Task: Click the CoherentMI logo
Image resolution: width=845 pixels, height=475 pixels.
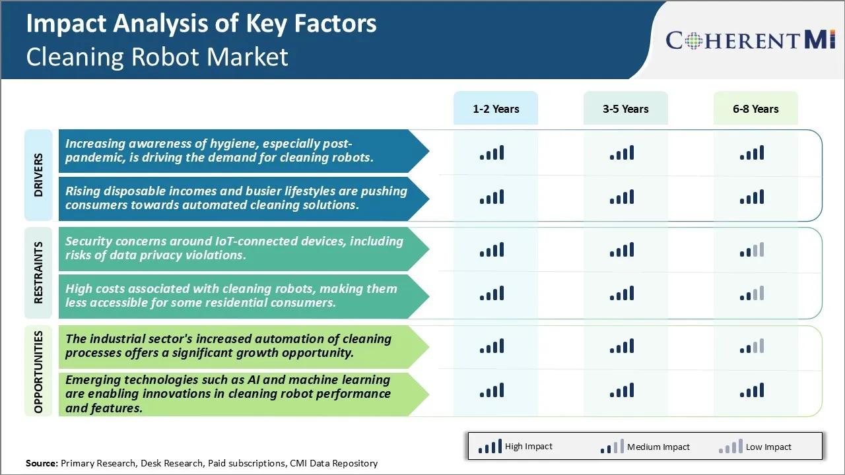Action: point(751,40)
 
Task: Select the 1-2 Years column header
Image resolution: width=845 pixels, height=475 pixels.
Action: point(496,109)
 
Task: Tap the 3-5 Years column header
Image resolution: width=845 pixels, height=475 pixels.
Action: point(625,109)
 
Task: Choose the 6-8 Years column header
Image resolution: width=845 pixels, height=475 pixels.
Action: point(755,109)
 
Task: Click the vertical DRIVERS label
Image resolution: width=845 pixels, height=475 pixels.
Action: point(38,175)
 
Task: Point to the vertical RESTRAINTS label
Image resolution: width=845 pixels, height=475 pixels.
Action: point(38,272)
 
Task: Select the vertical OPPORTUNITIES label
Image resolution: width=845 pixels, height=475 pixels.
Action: point(38,372)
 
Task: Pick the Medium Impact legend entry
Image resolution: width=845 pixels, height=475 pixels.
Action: point(645,447)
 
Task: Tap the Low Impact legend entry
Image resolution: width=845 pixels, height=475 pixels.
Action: point(755,447)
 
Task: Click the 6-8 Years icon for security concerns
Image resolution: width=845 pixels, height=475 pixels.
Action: point(752,250)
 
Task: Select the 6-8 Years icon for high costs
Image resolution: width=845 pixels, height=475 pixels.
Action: point(752,294)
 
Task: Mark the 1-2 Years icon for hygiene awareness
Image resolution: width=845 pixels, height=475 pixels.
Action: point(492,154)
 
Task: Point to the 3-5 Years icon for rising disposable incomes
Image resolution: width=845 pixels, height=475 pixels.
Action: point(622,197)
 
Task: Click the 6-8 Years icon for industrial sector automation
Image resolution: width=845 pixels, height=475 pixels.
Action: point(752,346)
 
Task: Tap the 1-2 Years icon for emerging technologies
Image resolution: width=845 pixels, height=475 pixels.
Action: point(492,391)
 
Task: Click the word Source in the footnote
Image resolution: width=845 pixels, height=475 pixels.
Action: point(42,464)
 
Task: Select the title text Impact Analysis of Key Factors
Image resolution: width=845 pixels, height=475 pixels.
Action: point(201,24)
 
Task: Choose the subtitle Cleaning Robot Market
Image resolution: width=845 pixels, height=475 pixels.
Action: point(157,57)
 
